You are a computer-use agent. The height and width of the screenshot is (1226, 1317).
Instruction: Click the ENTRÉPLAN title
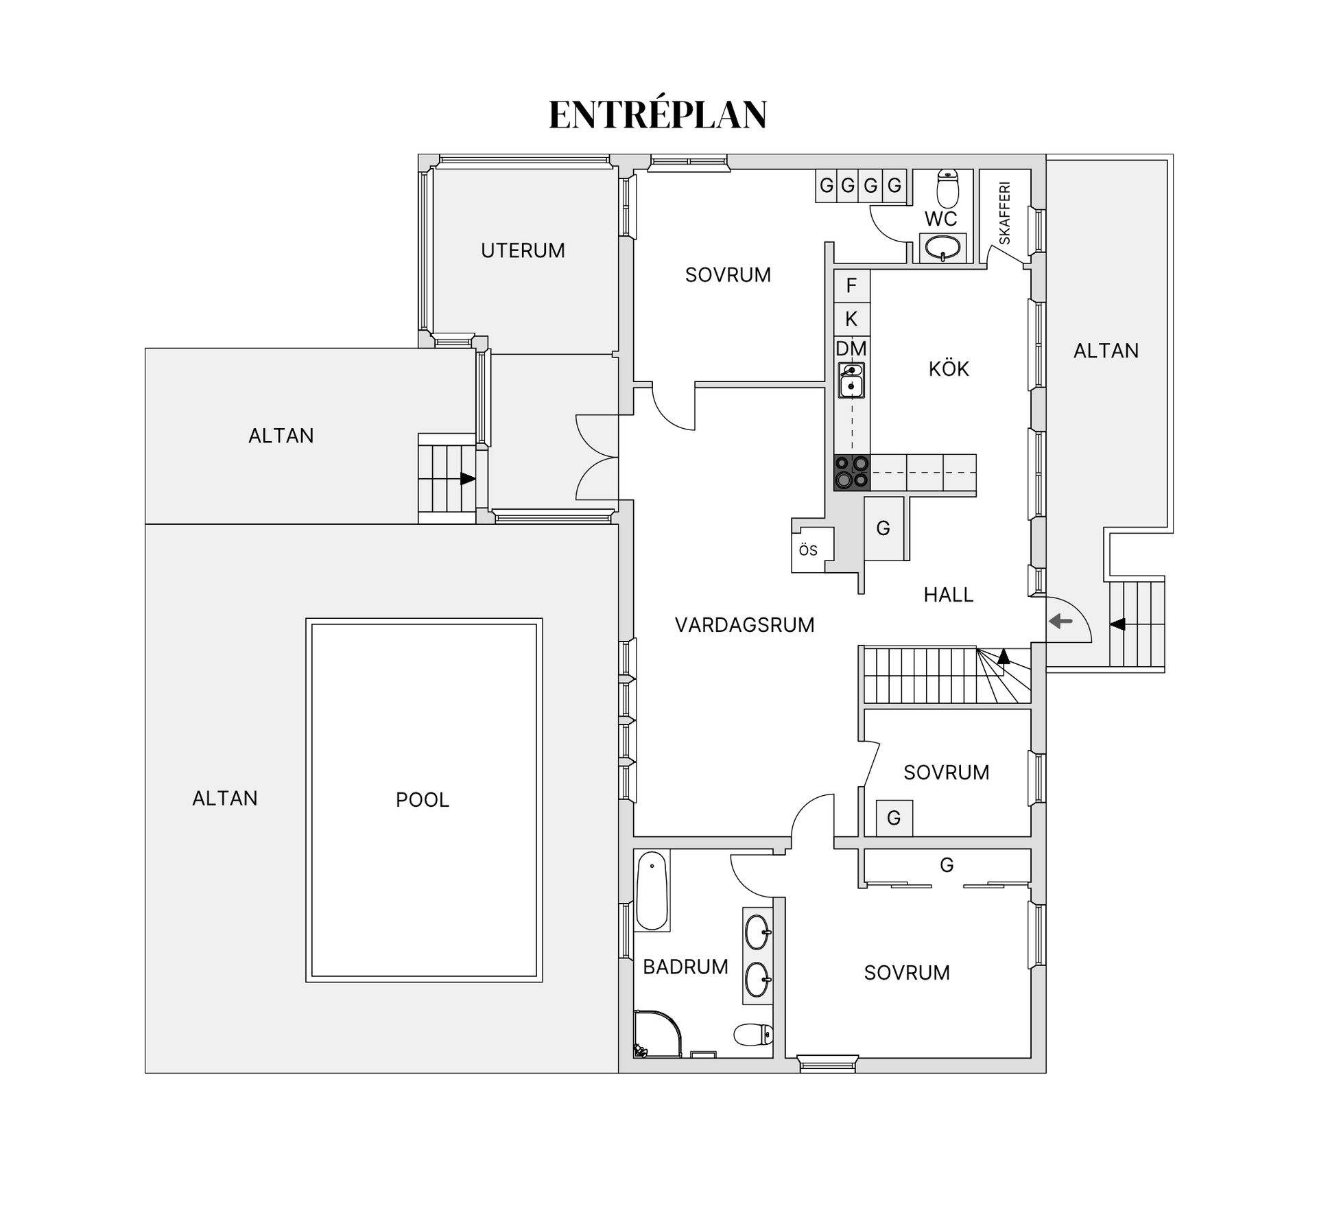658,114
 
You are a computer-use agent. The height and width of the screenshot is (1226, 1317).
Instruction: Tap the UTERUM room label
523,250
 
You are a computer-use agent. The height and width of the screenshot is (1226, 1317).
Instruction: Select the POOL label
423,799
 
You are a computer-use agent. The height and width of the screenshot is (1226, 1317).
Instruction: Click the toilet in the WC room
948,189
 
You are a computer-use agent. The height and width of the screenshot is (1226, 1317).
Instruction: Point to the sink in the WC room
942,248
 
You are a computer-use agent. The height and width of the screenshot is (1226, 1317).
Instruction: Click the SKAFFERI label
1005,213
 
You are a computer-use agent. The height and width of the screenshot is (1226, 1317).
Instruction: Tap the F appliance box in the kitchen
852,285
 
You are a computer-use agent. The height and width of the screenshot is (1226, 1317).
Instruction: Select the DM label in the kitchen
851,349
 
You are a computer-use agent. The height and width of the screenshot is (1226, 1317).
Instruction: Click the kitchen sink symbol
851,381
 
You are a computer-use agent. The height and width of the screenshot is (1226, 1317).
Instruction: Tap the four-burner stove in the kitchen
851,473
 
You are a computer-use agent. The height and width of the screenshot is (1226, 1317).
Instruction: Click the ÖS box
813,550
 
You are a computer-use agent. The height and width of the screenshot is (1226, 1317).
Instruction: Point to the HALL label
949,595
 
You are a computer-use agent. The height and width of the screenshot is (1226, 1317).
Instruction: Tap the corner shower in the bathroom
658,1033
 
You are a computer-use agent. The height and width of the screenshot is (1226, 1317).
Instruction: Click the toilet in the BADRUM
753,1034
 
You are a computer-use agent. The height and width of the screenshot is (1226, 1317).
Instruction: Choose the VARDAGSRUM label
745,625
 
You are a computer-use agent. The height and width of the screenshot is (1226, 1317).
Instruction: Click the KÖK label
949,369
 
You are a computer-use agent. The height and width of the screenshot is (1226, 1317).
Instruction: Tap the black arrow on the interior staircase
1004,656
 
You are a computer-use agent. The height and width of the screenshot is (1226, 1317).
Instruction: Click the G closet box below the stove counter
883,528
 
